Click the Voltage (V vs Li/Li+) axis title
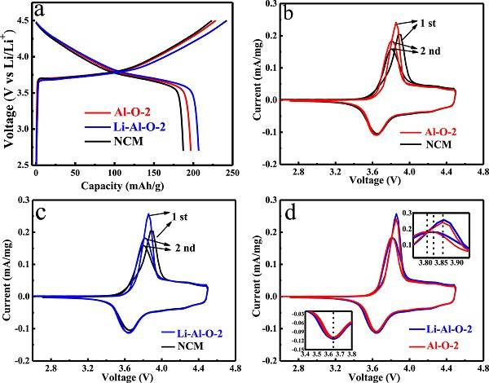(x=8, y=86)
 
